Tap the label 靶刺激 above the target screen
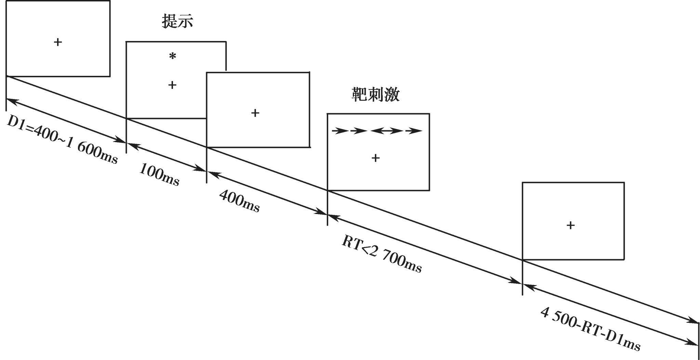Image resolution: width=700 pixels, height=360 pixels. pos(376,95)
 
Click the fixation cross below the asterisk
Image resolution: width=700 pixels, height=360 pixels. pos(172,85)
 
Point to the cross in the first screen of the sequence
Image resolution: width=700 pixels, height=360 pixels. pos(58,42)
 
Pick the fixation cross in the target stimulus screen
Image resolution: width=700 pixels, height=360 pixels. pos(375,158)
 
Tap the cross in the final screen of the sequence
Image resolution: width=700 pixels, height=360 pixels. pos(570,225)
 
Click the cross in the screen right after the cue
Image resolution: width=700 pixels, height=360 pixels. pos(255,113)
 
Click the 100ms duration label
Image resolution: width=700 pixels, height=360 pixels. pos(159,175)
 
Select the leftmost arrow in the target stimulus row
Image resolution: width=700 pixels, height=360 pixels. pos(340,131)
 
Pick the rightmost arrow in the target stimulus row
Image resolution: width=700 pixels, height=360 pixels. pos(414,131)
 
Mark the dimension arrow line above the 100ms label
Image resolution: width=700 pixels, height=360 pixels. pos(166,157)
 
